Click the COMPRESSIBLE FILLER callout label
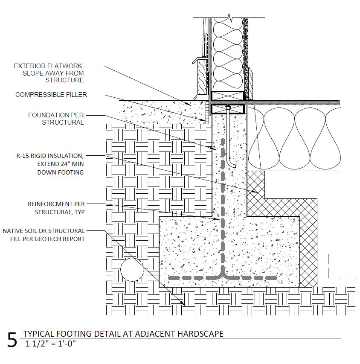click(51, 95)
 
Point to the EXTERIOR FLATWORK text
click(49, 66)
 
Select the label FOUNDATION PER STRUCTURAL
click(56, 119)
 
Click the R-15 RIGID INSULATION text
click(47, 156)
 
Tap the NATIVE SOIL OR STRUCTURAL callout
click(44, 231)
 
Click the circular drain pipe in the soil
click(132, 269)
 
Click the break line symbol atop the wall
click(231, 18)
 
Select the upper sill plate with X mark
click(228, 96)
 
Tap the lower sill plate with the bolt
click(228, 109)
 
